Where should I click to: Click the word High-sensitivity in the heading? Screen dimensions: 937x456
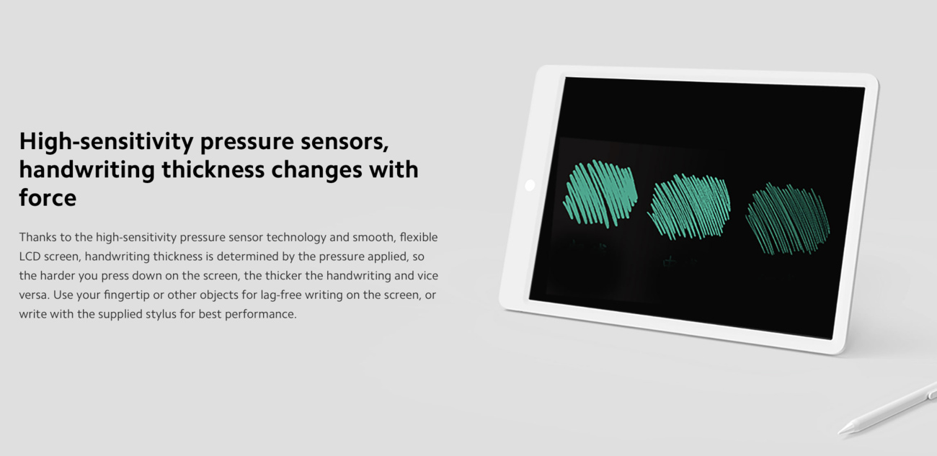coord(106,141)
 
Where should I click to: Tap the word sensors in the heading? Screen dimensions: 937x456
coord(345,141)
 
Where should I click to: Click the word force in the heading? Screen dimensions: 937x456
coord(48,197)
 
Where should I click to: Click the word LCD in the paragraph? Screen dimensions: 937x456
coord(30,256)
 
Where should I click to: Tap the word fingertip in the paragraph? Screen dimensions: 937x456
coord(127,295)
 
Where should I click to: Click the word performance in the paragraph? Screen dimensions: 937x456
coord(261,314)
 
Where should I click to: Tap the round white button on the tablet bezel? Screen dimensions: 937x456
coord(530,185)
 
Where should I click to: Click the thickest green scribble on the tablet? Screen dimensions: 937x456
coord(600,193)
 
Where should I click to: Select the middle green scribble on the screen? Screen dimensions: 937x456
coord(689,207)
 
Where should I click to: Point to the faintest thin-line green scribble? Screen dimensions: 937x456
coord(788,218)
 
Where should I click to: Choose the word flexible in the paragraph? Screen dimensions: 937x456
coord(419,237)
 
